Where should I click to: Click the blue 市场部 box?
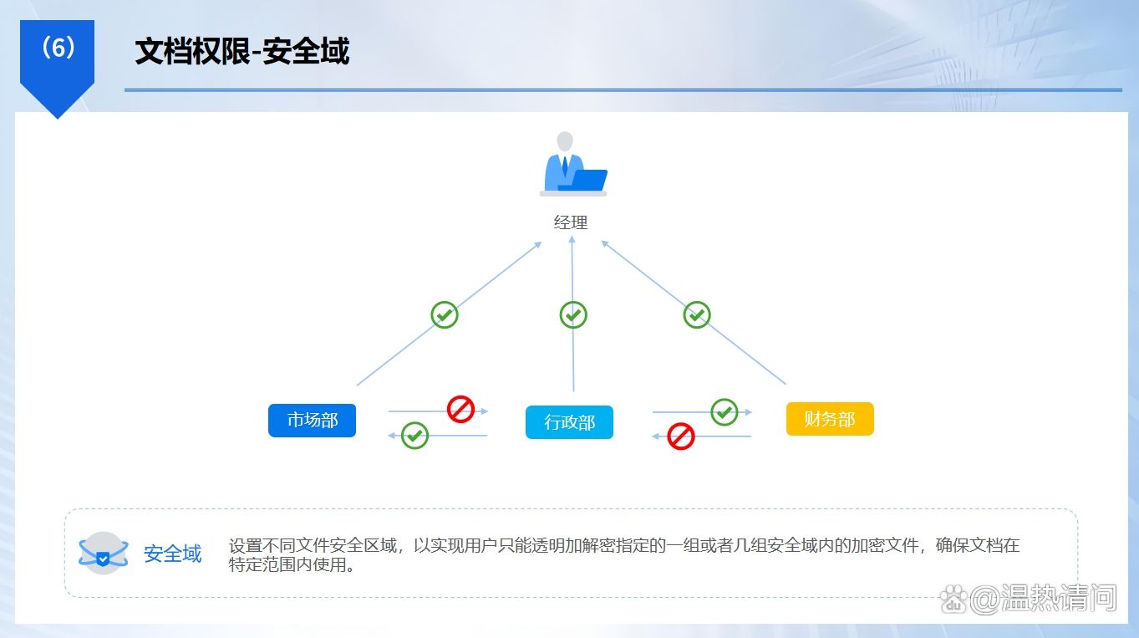[x=312, y=421]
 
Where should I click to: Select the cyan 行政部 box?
[x=569, y=421]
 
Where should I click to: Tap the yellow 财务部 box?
[x=830, y=419]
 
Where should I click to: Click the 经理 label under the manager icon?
[x=571, y=222]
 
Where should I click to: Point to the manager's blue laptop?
[x=584, y=180]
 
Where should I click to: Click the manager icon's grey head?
[x=565, y=141]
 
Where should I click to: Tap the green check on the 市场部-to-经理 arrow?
[x=444, y=315]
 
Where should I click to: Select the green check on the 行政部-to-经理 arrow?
[x=573, y=315]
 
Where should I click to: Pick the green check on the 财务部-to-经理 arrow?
[x=697, y=315]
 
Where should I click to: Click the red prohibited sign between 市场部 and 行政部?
[x=460, y=409]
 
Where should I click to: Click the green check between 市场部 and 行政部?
[x=414, y=436]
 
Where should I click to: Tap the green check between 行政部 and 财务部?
[x=724, y=412]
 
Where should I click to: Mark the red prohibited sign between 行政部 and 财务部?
[x=681, y=436]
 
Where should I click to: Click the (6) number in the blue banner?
[x=58, y=48]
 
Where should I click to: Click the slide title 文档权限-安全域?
[x=242, y=51]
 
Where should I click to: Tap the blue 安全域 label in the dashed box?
[x=172, y=554]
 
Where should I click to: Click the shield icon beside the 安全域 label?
[x=104, y=553]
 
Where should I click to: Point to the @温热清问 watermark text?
[x=1044, y=599]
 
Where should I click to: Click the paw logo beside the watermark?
[x=954, y=600]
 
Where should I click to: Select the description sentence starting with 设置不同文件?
[x=624, y=554]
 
